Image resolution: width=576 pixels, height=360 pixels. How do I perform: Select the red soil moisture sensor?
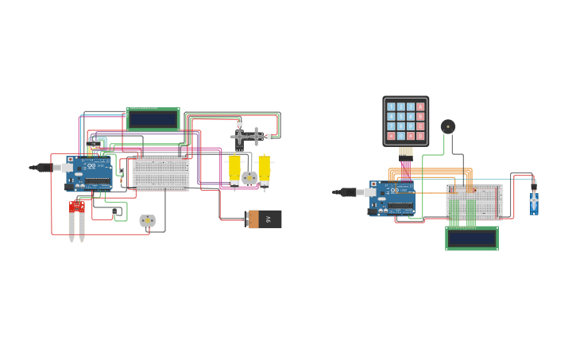click(77, 207)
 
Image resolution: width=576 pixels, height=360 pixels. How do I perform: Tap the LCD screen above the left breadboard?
click(153, 119)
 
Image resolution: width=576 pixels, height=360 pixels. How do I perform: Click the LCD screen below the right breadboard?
click(472, 238)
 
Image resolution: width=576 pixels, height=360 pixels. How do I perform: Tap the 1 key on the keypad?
click(391, 106)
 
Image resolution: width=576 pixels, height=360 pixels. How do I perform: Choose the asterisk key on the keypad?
click(391, 136)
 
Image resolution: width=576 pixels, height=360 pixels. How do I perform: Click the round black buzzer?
click(448, 126)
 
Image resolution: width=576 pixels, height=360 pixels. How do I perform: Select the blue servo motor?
click(534, 202)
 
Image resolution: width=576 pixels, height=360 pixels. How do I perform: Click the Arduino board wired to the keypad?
click(392, 198)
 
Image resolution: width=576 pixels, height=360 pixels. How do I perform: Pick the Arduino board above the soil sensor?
click(90, 174)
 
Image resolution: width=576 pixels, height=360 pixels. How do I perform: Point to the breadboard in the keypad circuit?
click(474, 200)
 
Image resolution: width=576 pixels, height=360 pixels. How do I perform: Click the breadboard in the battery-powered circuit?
click(161, 172)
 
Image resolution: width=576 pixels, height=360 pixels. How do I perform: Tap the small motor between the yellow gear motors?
click(249, 178)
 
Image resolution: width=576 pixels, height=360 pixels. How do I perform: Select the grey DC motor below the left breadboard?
click(147, 221)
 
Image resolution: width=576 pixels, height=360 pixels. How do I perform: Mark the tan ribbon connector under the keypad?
click(405, 151)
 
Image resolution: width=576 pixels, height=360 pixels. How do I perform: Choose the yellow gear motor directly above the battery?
click(264, 169)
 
